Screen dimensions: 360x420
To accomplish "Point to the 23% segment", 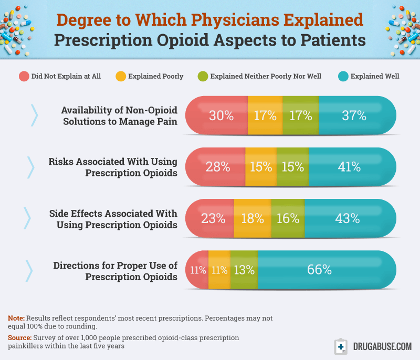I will pos(210,218).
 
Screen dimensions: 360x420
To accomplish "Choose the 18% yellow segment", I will pos(252,218).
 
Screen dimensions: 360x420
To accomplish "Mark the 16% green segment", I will pos(288,218).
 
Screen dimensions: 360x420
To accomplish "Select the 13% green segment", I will pos(244,270).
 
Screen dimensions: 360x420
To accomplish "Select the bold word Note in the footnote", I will pos(16,319).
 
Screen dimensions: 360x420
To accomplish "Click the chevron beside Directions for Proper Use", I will pos(29,270).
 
